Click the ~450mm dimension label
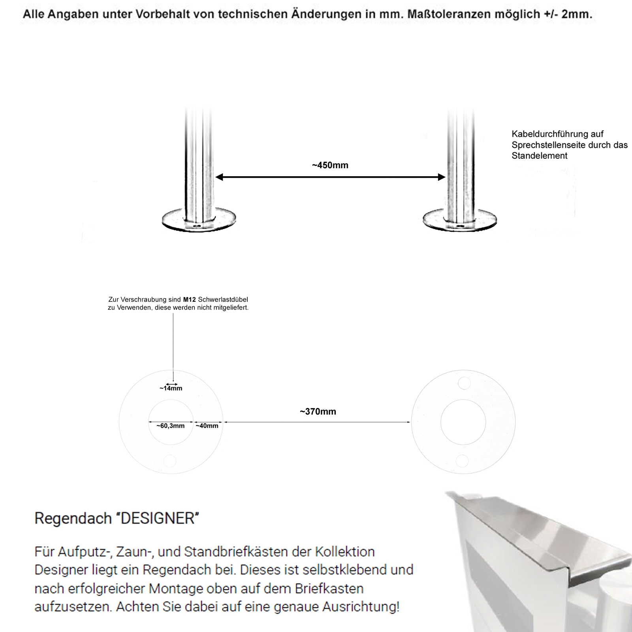(330, 165)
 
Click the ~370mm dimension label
(318, 412)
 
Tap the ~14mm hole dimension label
(171, 388)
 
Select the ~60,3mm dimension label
(170, 426)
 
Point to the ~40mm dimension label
(207, 426)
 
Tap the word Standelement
(540, 156)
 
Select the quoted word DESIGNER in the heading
(157, 518)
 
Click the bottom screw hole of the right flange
(462, 461)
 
